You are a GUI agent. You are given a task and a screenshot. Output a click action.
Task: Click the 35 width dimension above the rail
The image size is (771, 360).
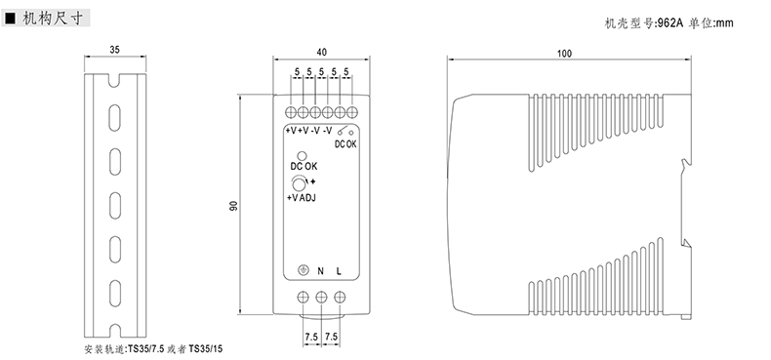[x=114, y=50]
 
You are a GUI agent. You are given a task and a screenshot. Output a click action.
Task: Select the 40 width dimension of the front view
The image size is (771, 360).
[x=322, y=52]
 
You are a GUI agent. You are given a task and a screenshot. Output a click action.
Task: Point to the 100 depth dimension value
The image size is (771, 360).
[x=564, y=54]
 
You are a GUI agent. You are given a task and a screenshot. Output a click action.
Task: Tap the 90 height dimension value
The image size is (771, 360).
[x=234, y=206]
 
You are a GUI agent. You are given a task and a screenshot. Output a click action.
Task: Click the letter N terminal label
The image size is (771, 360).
[x=320, y=271]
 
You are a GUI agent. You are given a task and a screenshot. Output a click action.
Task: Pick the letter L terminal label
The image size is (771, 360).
[x=339, y=271]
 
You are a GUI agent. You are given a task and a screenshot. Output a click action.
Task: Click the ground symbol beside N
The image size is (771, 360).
[x=304, y=270]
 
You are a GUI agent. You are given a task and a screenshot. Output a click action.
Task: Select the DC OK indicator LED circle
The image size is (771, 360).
[x=302, y=156]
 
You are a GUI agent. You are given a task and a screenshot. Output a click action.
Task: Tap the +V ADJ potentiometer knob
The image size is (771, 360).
[x=299, y=184]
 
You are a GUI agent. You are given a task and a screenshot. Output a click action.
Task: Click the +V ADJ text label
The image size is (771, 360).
[x=302, y=198]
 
